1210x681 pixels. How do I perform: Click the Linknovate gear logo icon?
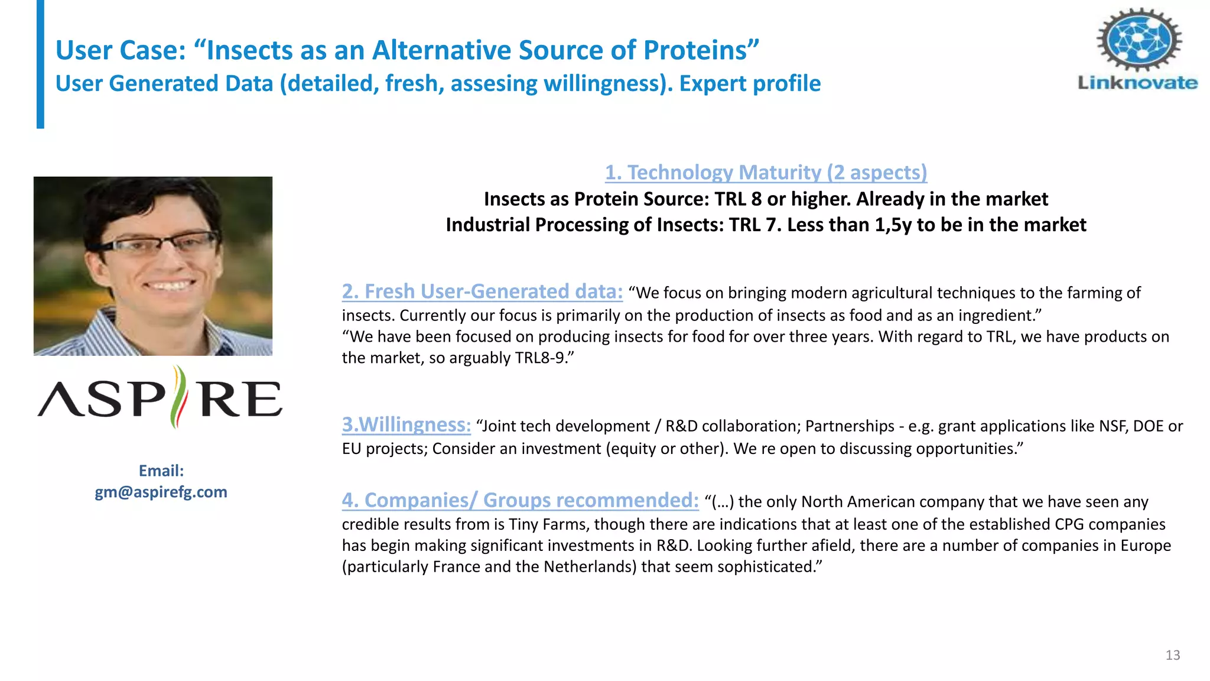coord(1139,40)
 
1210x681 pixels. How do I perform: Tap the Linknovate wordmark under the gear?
coord(1138,83)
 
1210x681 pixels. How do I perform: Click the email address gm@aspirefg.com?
coord(161,492)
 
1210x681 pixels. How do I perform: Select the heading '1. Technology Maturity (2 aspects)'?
coord(766,172)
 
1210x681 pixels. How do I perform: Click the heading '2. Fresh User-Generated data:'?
coord(482,291)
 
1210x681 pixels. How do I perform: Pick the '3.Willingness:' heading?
coord(406,424)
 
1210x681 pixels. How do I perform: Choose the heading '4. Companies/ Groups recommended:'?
coord(520,500)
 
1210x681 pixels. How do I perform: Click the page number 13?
coord(1173,655)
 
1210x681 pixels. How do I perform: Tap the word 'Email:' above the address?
coord(161,471)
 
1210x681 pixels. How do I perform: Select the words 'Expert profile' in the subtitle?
coord(750,83)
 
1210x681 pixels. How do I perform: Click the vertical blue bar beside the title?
coord(40,64)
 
